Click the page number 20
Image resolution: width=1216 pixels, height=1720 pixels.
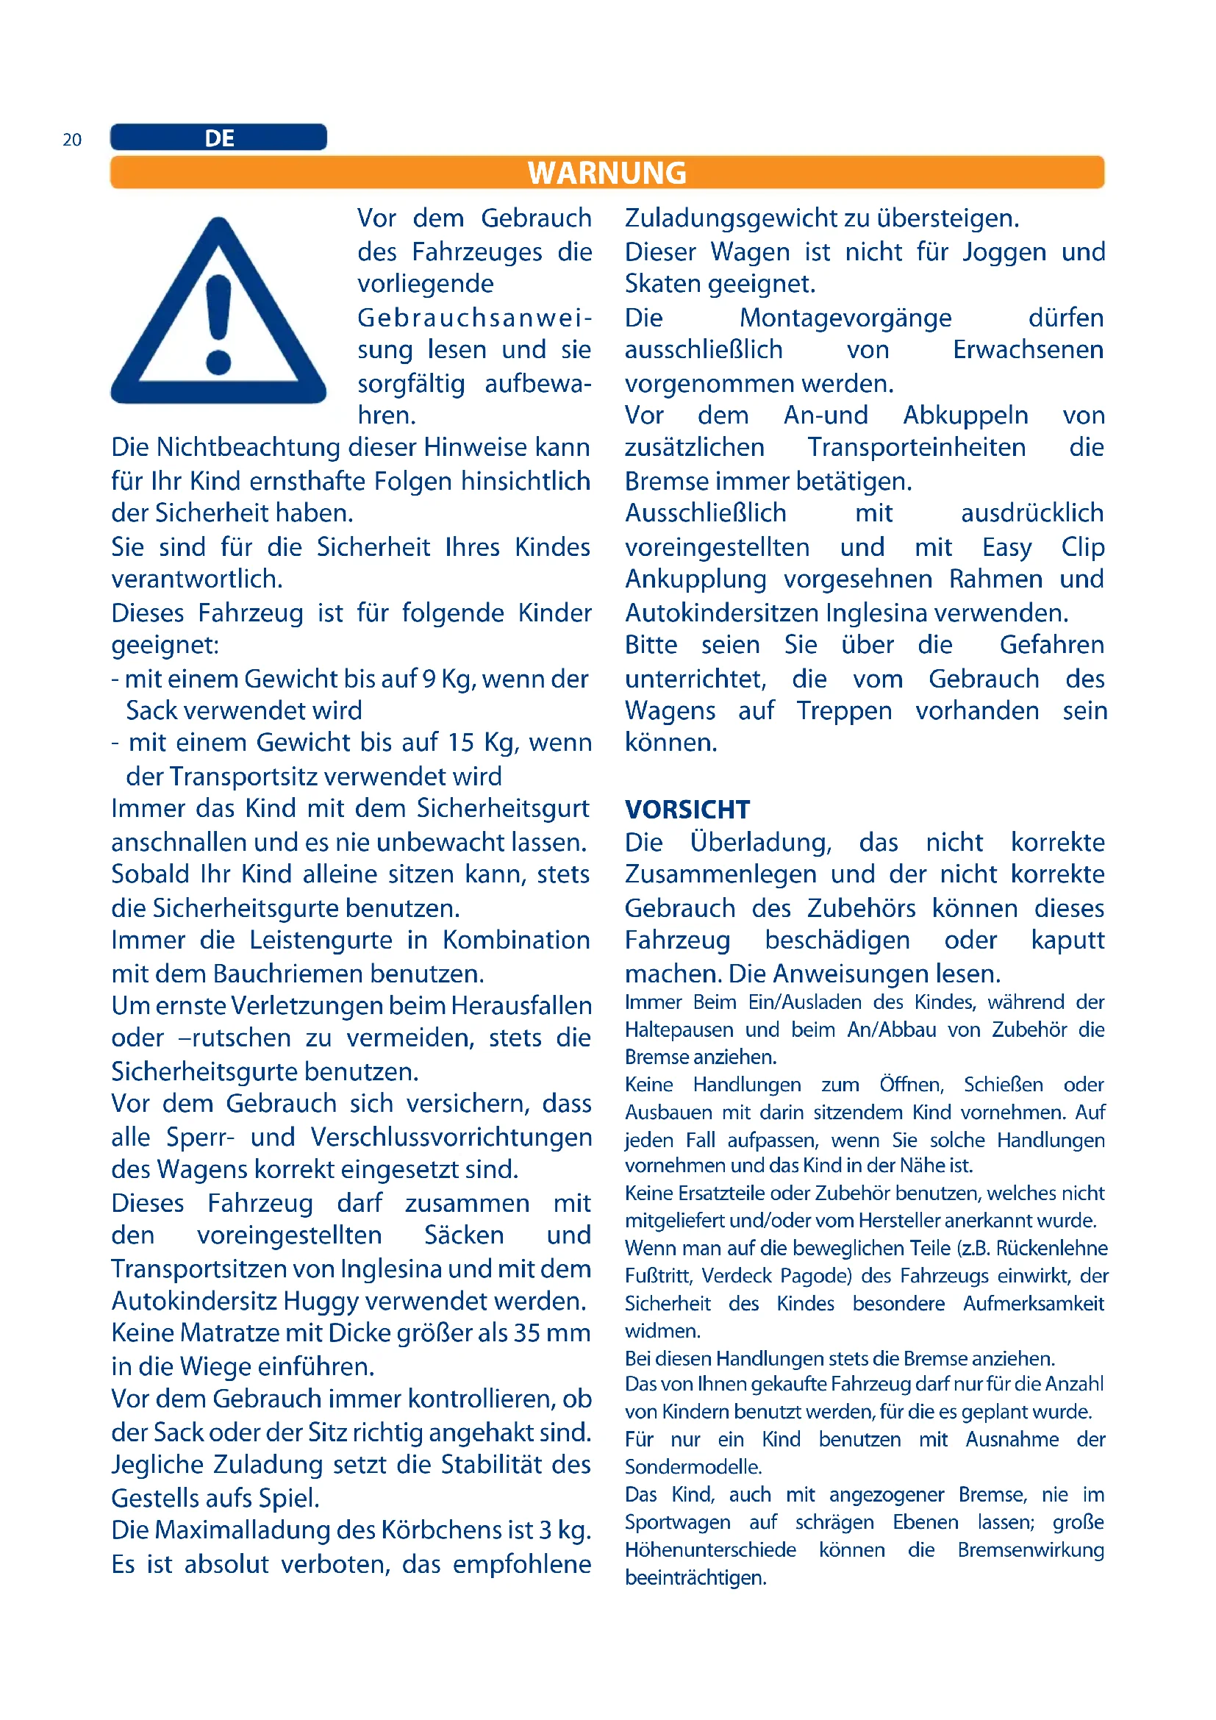[x=72, y=140]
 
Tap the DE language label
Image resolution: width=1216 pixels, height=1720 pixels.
[x=219, y=138]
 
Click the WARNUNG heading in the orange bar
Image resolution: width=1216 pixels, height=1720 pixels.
[x=607, y=173]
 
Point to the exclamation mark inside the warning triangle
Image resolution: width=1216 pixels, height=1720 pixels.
[x=218, y=323]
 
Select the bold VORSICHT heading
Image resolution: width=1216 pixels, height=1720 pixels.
[x=687, y=810]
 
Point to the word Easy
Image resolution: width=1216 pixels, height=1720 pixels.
[x=1007, y=548]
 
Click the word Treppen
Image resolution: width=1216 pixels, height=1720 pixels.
[x=844, y=711]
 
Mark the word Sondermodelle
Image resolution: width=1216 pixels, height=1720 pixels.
[x=693, y=1467]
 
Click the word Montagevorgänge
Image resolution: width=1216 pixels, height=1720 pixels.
[x=845, y=318]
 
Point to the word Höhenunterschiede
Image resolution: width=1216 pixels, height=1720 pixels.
[x=710, y=1550]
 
